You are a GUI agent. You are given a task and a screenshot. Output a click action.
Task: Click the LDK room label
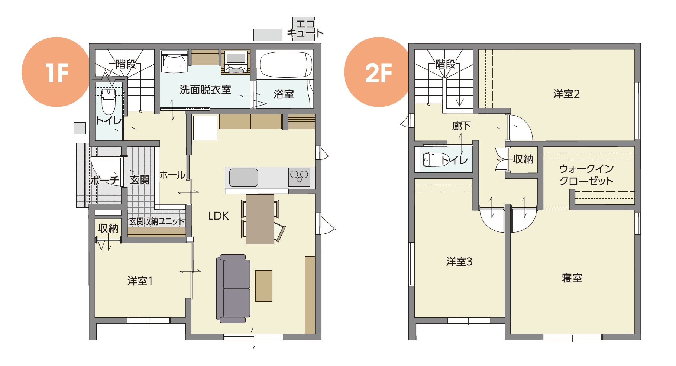tap(219, 216)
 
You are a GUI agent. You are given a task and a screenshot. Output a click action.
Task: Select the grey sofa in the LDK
tap(233, 288)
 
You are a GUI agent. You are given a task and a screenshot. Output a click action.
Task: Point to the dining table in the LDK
tap(260, 219)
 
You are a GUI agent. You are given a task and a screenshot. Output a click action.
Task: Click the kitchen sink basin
tap(243, 178)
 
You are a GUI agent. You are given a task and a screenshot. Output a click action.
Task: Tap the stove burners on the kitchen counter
tap(299, 177)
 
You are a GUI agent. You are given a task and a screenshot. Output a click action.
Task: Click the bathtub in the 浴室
tap(286, 65)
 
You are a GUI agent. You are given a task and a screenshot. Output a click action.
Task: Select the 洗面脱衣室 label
tap(205, 90)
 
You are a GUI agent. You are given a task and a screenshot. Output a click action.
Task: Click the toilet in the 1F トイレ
tap(109, 101)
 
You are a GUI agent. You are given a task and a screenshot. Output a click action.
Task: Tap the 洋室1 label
tap(140, 281)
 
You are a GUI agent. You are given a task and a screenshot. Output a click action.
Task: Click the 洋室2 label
tap(566, 94)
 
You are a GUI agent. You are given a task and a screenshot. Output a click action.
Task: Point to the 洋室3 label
tap(459, 262)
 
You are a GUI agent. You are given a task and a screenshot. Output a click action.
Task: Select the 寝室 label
tap(572, 278)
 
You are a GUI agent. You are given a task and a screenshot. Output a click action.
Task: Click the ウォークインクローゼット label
tap(586, 175)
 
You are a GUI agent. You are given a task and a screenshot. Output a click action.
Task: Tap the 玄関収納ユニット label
tap(156, 221)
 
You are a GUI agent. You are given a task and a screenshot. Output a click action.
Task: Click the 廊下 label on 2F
tap(461, 126)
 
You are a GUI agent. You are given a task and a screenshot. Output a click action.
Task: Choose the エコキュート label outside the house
tap(305, 29)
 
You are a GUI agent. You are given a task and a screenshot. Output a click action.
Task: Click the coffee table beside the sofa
tap(264, 286)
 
